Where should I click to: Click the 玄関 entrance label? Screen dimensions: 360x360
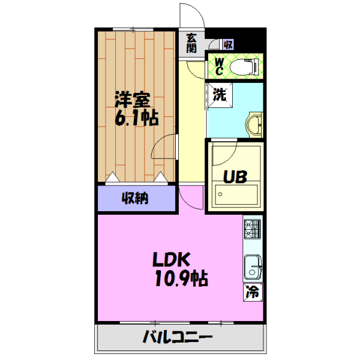[191, 43]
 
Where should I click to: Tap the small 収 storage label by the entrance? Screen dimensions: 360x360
[227, 44]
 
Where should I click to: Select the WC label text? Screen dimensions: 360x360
[219, 67]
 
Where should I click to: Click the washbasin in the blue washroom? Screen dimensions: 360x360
[254, 124]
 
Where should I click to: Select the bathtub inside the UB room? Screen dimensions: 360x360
[236, 194]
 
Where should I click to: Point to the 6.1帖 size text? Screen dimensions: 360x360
[136, 118]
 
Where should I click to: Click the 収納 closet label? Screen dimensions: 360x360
[136, 197]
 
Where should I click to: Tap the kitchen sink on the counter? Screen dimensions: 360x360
[253, 266]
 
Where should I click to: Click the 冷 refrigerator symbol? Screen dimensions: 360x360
[253, 293]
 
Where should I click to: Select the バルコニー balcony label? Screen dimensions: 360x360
[177, 337]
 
